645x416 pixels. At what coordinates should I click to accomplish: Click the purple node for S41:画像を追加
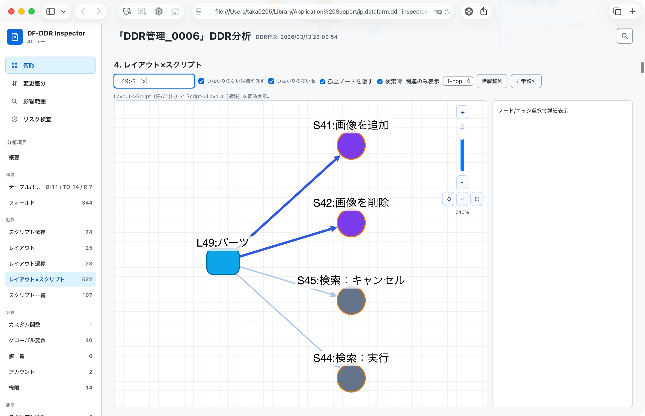coord(351,145)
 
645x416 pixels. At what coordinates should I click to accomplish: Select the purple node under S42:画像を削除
coord(351,223)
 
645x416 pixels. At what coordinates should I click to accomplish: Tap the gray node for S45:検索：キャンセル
coord(351,300)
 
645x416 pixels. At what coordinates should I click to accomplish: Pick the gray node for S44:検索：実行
coord(351,378)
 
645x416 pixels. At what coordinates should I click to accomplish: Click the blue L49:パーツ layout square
coord(223,262)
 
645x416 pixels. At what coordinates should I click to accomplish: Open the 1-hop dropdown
coord(458,81)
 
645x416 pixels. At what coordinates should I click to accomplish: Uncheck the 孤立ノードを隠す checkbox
coord(322,82)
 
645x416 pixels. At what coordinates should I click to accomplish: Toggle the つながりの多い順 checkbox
coord(271,81)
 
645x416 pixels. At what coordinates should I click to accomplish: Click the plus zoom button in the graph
coord(462,112)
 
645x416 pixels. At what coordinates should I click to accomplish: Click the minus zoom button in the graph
coord(462,183)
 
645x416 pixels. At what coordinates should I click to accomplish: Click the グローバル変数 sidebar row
coord(50,340)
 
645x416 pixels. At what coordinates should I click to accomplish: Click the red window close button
coord(11,11)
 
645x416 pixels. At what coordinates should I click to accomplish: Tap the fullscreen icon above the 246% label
coord(477,199)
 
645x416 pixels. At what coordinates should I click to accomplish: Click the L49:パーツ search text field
coord(154,81)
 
